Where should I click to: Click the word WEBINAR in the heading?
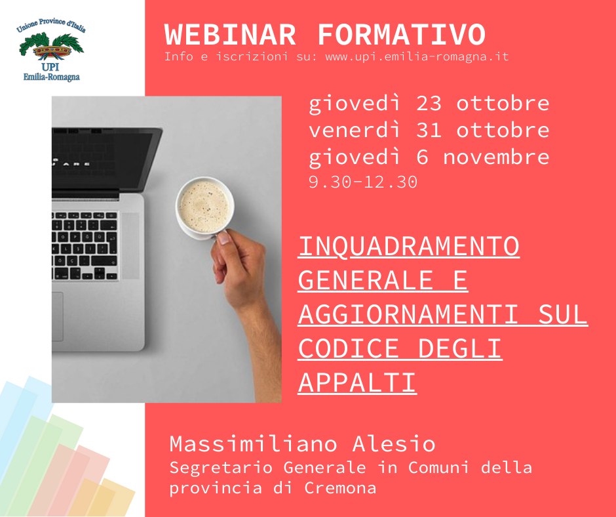click(x=230, y=35)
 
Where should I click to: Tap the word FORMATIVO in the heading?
click(x=402, y=35)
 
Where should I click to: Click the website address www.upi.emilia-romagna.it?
click(x=417, y=56)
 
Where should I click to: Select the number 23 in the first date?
click(x=429, y=104)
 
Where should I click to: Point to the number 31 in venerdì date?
click(x=429, y=130)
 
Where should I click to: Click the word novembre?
click(x=496, y=157)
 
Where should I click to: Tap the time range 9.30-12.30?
click(x=362, y=182)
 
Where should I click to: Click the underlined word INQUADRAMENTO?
click(x=409, y=246)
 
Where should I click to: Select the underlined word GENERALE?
click(x=366, y=280)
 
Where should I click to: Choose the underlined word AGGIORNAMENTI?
click(x=408, y=314)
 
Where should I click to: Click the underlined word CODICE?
click(x=349, y=348)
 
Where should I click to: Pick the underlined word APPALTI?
click(x=358, y=383)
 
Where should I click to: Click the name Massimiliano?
click(x=254, y=444)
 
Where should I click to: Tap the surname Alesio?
click(x=394, y=444)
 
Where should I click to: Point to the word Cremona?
click(x=340, y=488)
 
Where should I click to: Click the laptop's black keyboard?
click(x=85, y=246)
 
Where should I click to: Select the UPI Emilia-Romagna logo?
click(x=51, y=50)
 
